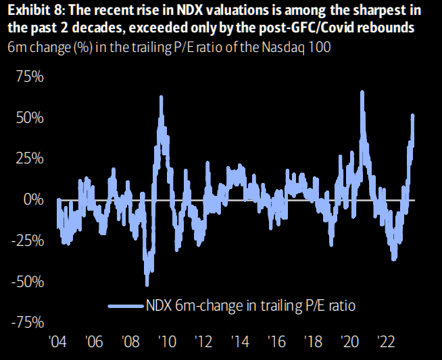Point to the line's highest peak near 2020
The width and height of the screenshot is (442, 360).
point(362,91)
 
